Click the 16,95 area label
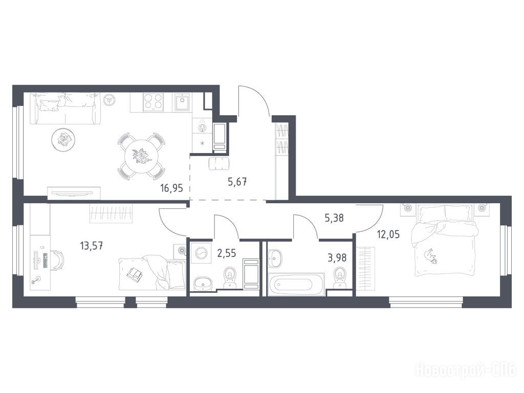171,188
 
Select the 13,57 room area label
91,246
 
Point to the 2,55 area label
227,253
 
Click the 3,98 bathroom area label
337,258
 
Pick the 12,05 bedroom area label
388,234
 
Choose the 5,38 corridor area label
334,218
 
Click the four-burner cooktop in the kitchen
154,102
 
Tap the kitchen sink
182,102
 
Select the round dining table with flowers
141,156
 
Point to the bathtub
296,285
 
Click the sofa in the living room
65,108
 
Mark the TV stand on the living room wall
74,193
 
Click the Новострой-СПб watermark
466,370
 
